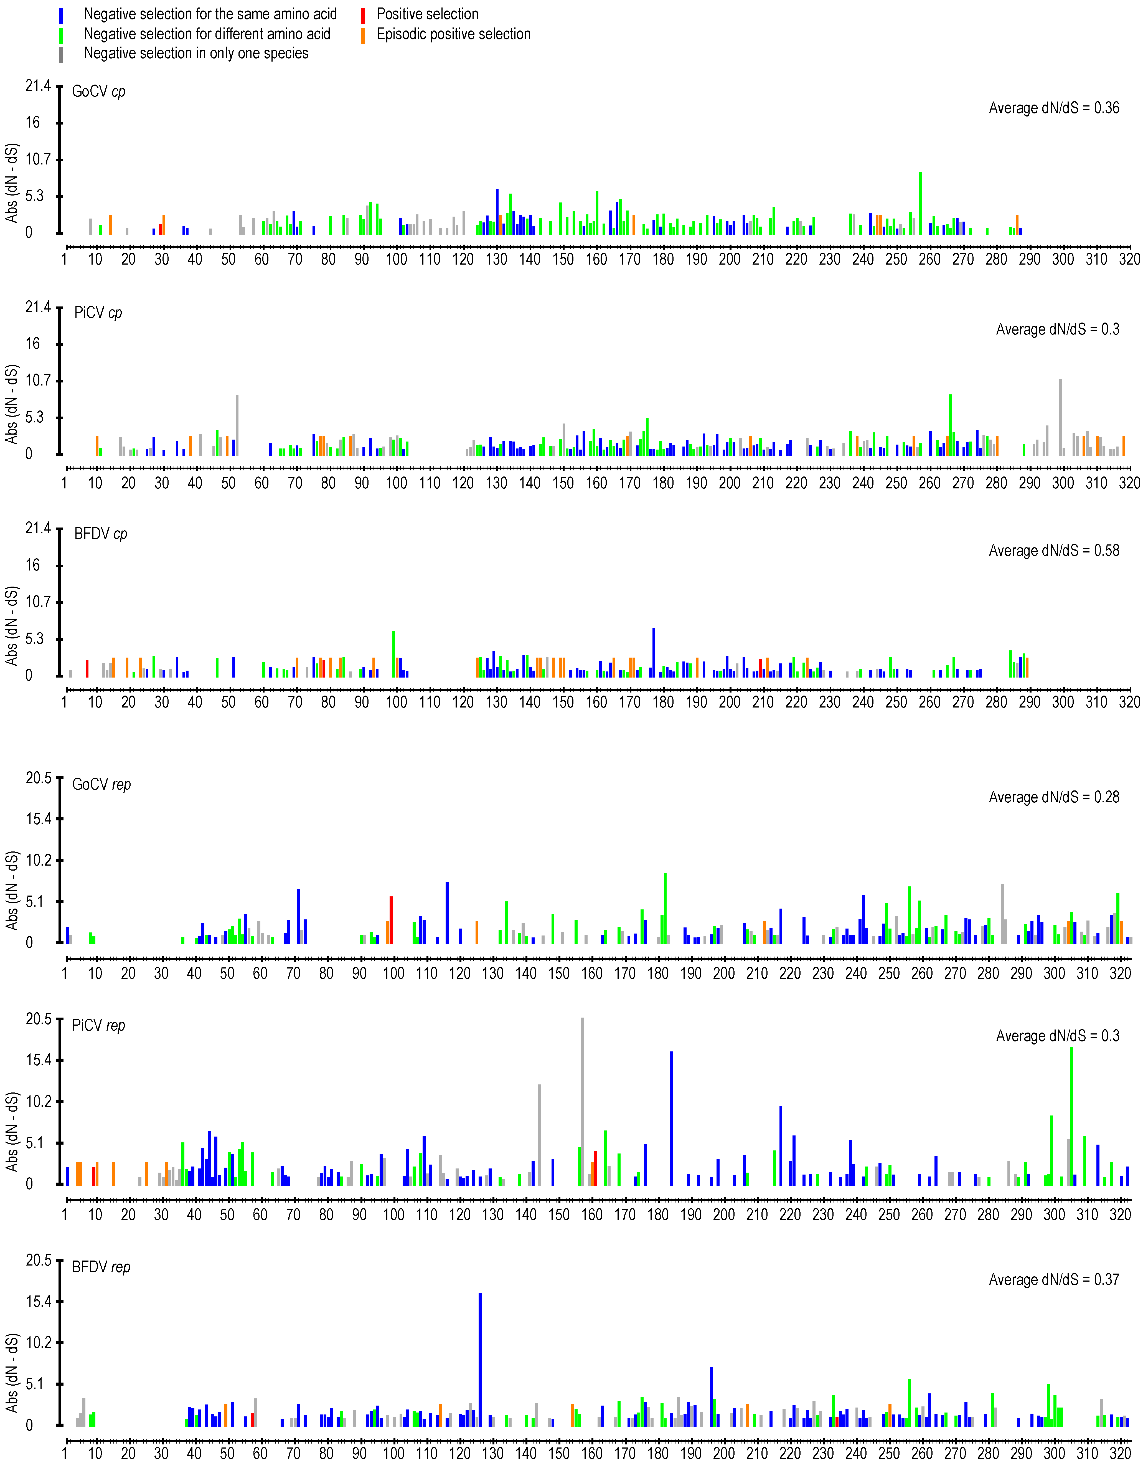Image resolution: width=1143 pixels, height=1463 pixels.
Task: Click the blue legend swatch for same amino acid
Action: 62,15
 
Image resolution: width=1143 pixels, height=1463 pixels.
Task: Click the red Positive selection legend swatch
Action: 363,15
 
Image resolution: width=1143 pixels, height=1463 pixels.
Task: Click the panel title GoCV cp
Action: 98,91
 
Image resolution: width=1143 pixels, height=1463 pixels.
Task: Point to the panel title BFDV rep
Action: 101,1267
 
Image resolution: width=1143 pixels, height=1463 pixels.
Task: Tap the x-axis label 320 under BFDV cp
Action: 1130,702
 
